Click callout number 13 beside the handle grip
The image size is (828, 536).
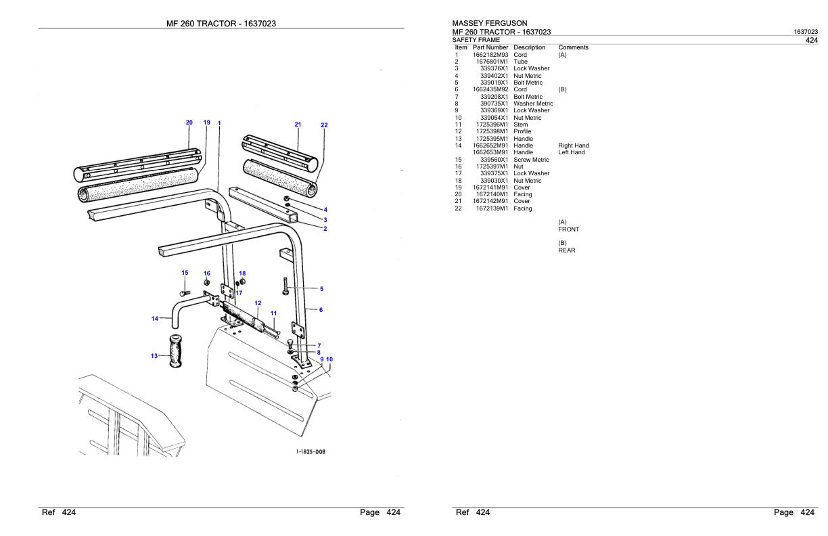tap(154, 355)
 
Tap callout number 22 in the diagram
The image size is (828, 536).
tap(324, 125)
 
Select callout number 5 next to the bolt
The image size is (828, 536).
tap(321, 289)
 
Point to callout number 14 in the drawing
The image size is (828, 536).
tap(154, 318)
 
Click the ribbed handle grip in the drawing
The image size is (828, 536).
tap(176, 351)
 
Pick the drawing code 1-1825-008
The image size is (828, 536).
tap(310, 451)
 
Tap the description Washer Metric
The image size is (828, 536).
tap(533, 104)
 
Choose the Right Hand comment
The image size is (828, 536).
tap(573, 146)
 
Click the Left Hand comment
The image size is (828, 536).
tap(572, 152)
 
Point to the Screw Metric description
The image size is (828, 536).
tap(531, 160)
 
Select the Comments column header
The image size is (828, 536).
tap(573, 47)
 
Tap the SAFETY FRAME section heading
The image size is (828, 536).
tap(476, 40)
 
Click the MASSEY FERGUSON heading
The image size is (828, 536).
tap(489, 24)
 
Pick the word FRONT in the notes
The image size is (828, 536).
tap(568, 229)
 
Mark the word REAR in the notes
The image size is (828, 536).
tap(567, 250)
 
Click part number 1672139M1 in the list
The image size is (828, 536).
tap(492, 208)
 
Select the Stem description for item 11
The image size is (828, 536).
tap(520, 125)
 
